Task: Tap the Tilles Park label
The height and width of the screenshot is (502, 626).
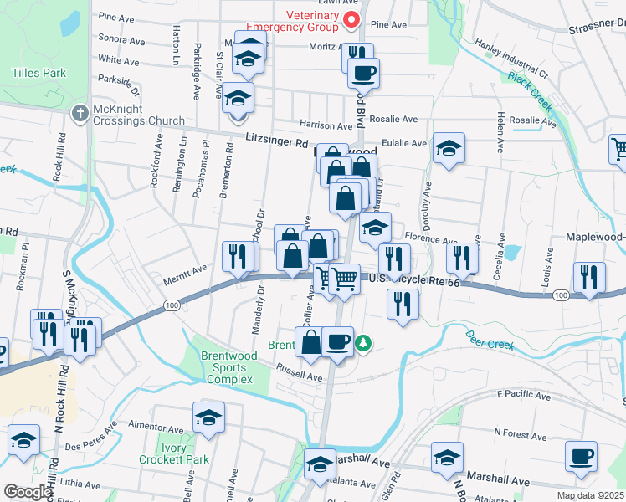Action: click(38, 73)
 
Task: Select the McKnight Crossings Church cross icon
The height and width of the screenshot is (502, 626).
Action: click(80, 112)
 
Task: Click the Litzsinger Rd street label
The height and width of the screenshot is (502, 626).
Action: click(277, 142)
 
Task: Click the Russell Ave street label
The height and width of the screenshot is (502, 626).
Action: click(301, 377)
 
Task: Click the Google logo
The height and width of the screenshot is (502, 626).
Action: click(28, 492)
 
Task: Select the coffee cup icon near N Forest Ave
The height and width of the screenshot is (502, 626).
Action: click(581, 457)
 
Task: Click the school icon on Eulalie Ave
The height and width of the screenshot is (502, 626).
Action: click(449, 149)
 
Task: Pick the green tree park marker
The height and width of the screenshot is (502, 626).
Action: click(363, 342)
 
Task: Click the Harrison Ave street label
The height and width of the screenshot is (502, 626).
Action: click(326, 125)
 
